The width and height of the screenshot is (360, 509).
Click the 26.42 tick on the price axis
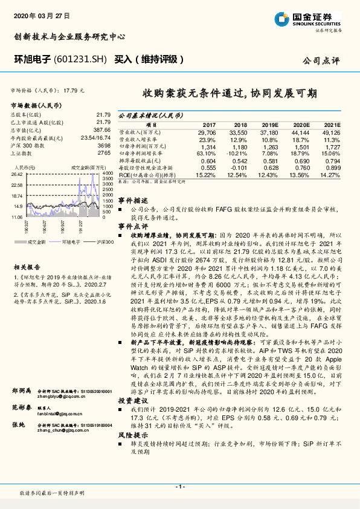point(17,173)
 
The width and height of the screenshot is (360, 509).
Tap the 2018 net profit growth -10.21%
point(237,154)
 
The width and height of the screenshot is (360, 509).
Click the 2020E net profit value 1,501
point(300,146)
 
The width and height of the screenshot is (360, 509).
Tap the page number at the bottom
point(179,487)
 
